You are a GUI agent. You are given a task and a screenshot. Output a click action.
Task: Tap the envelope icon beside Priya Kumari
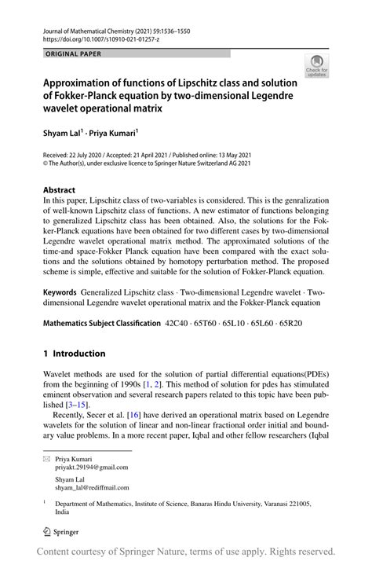47,457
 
